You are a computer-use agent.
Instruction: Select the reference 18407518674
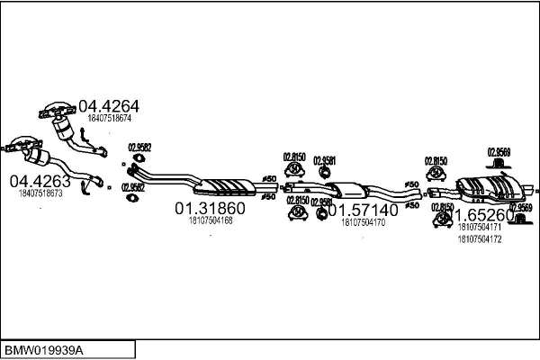coord(110,118)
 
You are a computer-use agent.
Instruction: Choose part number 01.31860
coord(210,209)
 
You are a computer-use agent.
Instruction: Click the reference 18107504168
coord(211,220)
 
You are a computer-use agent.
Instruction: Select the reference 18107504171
coord(480,229)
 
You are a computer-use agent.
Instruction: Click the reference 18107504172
coord(480,238)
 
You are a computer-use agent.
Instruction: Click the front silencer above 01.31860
coord(225,185)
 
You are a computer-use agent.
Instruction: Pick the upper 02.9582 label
coord(139,148)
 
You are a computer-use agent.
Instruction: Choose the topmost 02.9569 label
coord(499,152)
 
